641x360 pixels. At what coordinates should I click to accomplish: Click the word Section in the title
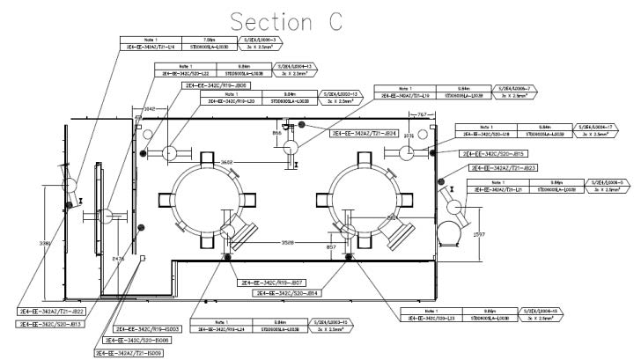[x=257, y=22]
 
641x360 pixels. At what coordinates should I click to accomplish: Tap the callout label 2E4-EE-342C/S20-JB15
[x=492, y=154]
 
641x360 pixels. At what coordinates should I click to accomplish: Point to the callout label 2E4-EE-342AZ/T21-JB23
[x=505, y=168]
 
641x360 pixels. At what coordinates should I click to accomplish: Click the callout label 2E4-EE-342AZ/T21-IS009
[x=128, y=352]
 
